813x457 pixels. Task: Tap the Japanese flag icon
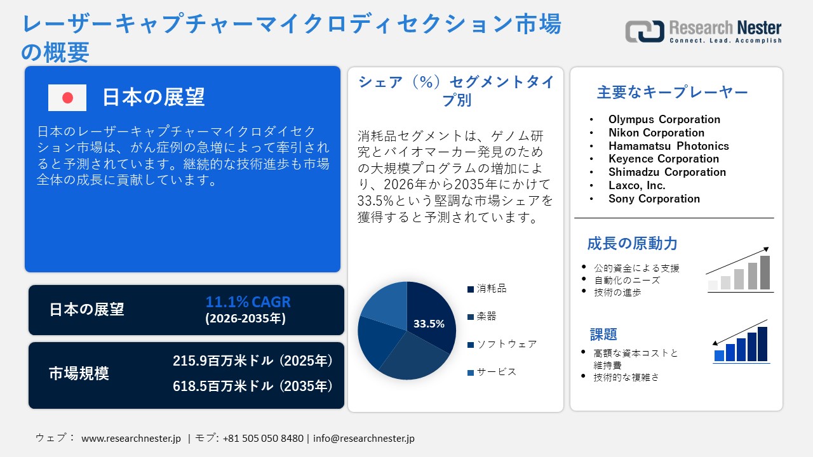[67, 98]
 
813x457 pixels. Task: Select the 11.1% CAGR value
[248, 301]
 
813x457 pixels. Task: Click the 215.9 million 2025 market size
[253, 361]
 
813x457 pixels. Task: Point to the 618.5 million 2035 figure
[253, 385]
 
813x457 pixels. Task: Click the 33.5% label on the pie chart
[429, 324]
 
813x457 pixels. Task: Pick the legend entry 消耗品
[492, 289]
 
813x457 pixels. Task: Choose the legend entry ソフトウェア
[506, 344]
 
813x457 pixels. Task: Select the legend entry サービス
[496, 372]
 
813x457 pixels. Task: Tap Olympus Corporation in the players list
[664, 119]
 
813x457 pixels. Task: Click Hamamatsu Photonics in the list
[668, 146]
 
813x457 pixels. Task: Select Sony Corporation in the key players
[654, 199]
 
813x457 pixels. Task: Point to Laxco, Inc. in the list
[636, 185]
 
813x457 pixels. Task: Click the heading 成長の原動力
[632, 243]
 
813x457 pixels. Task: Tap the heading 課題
[603, 334]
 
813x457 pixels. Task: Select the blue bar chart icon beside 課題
[741, 343]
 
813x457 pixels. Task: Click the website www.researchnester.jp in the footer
[131, 439]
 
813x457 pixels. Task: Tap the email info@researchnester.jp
[364, 439]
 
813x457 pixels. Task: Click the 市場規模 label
[79, 374]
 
